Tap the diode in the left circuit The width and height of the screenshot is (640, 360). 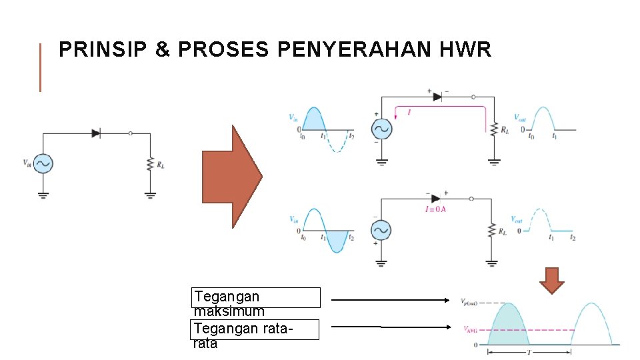coord(96,133)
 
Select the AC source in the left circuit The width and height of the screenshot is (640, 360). coord(43,163)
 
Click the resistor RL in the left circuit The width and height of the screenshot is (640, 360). coord(150,163)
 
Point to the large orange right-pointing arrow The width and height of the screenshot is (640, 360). coord(232,177)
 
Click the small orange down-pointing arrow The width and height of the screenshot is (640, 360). coord(551,280)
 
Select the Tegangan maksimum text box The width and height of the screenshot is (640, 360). coord(256,297)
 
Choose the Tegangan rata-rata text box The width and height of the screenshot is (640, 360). coord(256,329)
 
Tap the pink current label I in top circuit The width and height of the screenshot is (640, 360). coord(409,113)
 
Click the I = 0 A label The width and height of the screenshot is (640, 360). coord(435,209)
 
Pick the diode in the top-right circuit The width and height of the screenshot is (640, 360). coord(437,97)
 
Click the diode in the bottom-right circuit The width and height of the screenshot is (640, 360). coord(436,198)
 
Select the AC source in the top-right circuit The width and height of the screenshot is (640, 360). coord(383,129)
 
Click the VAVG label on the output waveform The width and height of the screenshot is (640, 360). coord(471,329)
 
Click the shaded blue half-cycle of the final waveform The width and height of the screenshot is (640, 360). coord(509,327)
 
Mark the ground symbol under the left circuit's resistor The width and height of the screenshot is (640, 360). coord(150,195)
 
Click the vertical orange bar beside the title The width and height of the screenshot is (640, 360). coord(40,67)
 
